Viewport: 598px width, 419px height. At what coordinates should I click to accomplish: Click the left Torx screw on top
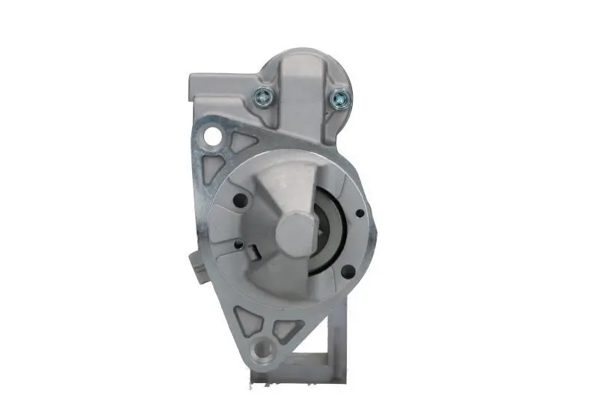point(264,95)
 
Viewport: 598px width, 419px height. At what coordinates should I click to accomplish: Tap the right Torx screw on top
point(340,96)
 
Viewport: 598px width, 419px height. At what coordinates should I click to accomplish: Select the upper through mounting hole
point(215,136)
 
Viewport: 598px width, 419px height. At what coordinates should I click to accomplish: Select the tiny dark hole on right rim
point(360,214)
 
